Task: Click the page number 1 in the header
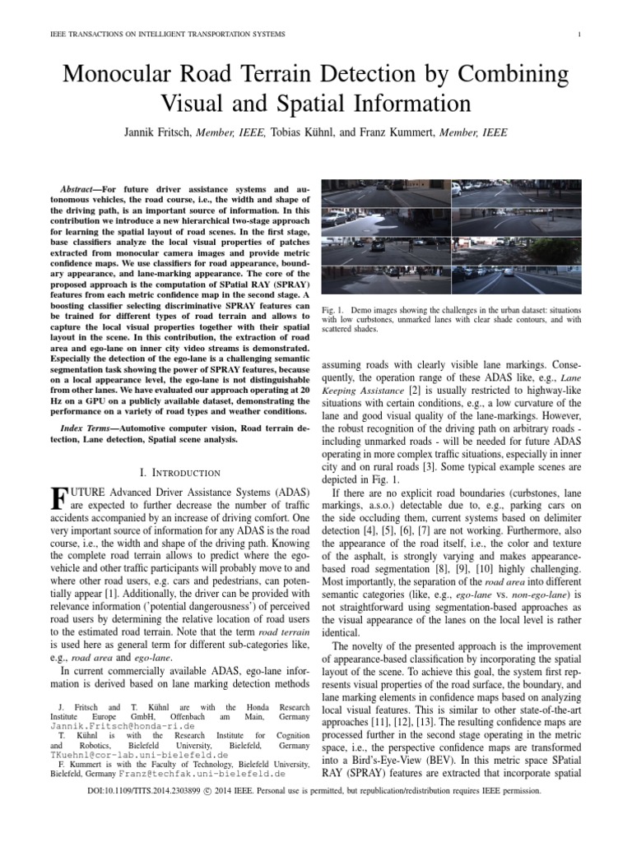[x=581, y=33]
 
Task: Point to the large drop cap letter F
[x=58, y=499]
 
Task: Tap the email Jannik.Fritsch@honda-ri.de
[x=123, y=728]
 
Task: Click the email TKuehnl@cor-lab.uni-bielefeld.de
[x=127, y=752]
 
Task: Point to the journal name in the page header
[x=157, y=33]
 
